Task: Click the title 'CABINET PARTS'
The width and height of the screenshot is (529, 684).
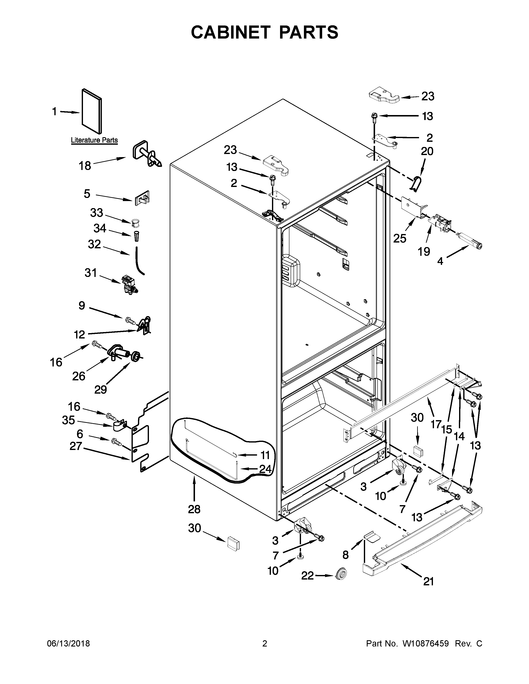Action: pyautogui.click(x=264, y=32)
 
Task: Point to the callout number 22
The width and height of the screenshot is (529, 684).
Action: pyautogui.click(x=307, y=575)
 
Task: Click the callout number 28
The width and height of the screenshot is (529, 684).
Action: pyautogui.click(x=194, y=509)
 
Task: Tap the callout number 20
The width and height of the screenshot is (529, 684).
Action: pyautogui.click(x=427, y=151)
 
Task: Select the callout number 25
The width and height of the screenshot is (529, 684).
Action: pyautogui.click(x=400, y=238)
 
